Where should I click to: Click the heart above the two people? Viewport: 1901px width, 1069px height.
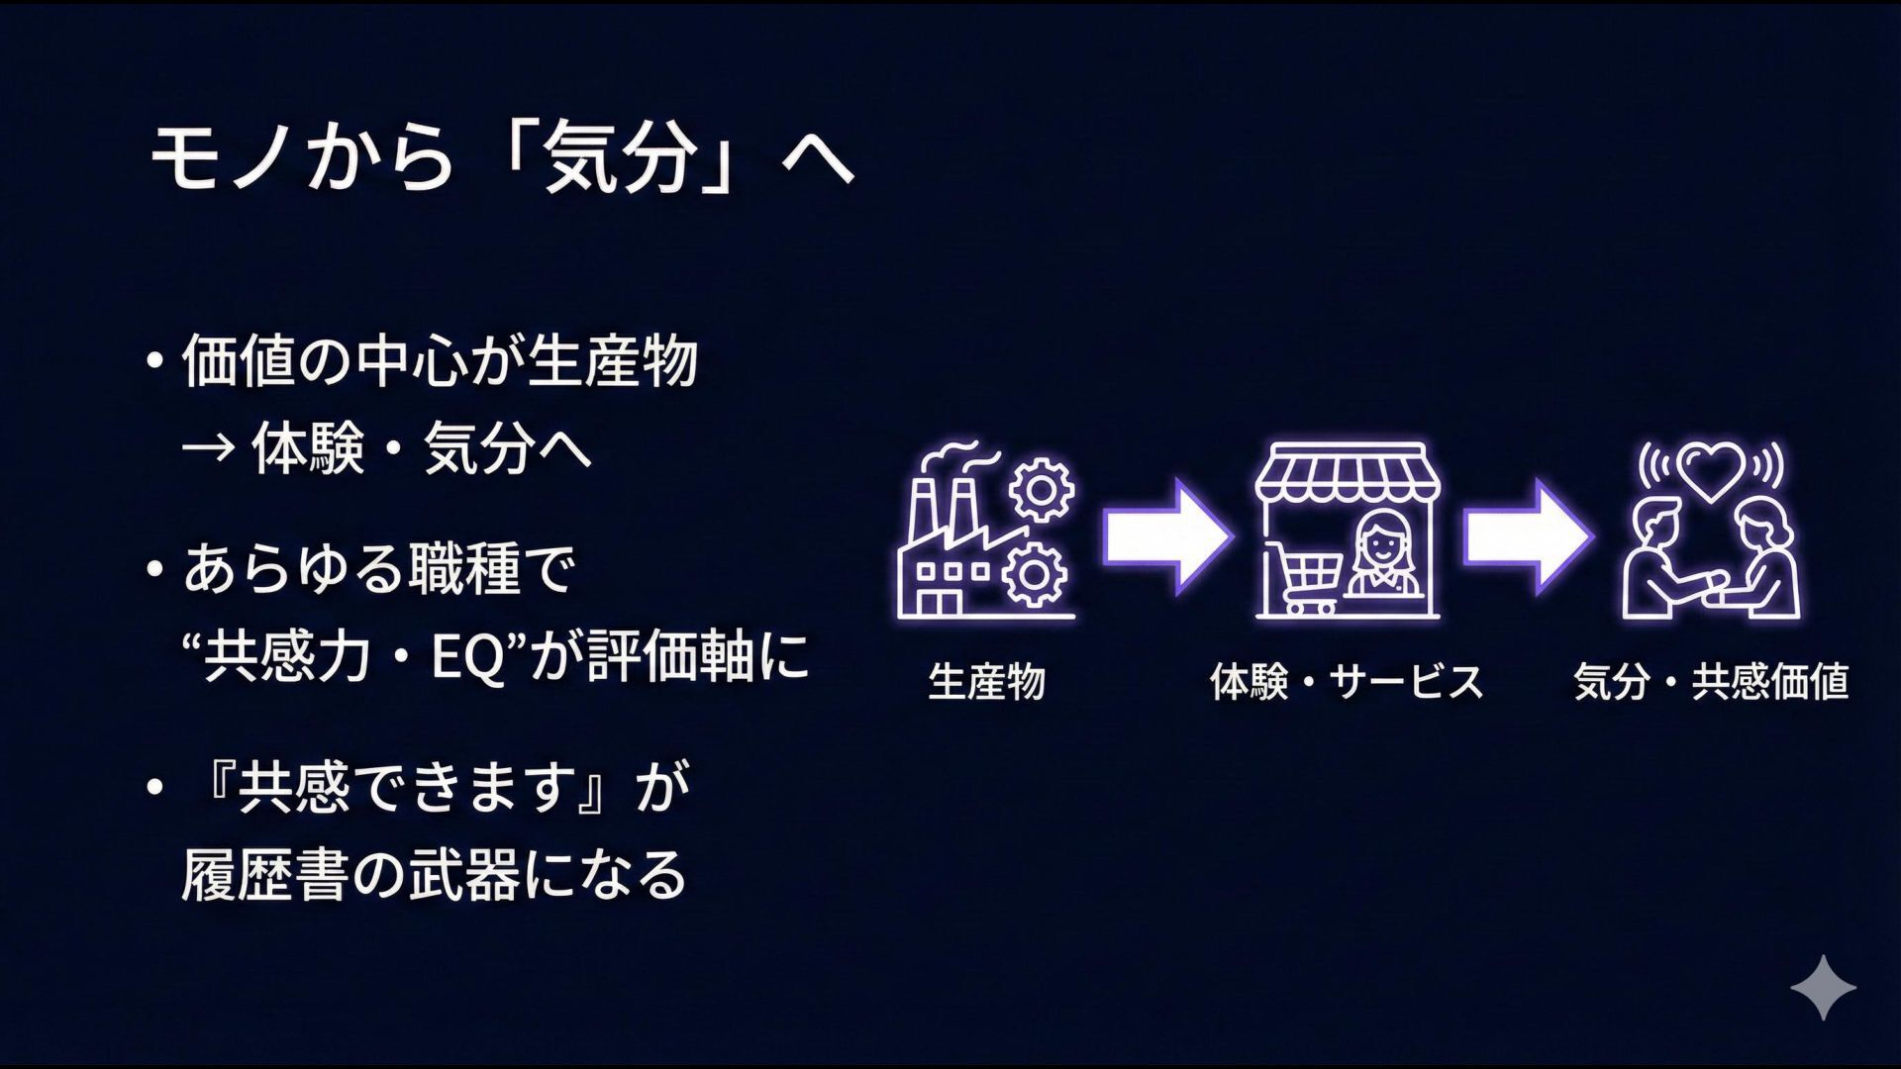pyautogui.click(x=1711, y=468)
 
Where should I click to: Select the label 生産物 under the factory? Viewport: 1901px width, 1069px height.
pyautogui.click(x=986, y=682)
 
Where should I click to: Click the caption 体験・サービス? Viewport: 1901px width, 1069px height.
pyautogui.click(x=1347, y=682)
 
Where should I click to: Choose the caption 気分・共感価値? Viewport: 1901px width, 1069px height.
pyautogui.click(x=1711, y=682)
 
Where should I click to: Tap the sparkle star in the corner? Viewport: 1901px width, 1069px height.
pyautogui.click(x=1823, y=987)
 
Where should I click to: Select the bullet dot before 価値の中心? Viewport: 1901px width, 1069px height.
pyautogui.click(x=153, y=361)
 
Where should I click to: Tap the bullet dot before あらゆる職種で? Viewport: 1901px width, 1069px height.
pyautogui.click(x=153, y=570)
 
